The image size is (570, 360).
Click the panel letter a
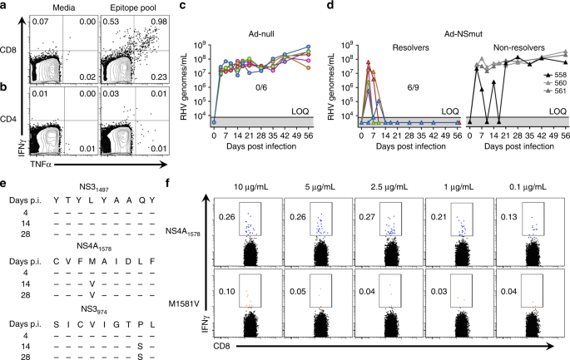pos(6,7)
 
